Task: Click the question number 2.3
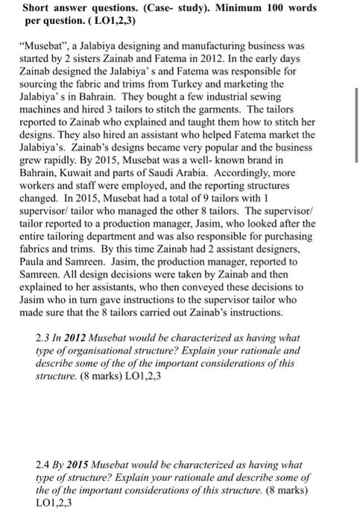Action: coord(44,338)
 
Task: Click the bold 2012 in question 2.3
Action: coord(80,338)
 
